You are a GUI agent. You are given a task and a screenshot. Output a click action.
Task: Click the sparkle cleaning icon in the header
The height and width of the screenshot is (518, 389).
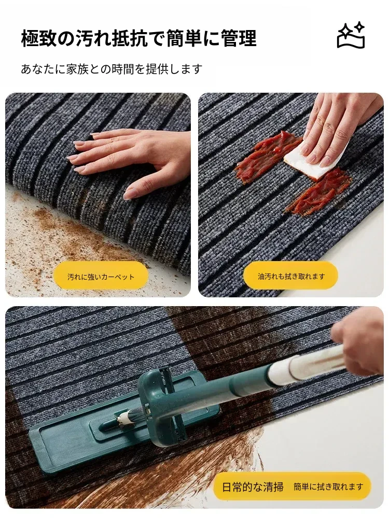351,35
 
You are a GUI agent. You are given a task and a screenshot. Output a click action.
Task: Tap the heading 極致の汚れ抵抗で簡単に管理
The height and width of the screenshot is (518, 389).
139,38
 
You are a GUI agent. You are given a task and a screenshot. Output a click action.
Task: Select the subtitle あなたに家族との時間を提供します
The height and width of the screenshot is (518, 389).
112,69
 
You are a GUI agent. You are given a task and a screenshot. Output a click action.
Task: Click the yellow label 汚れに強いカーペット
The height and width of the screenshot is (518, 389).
101,277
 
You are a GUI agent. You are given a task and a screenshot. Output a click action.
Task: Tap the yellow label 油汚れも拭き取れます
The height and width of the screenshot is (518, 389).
291,276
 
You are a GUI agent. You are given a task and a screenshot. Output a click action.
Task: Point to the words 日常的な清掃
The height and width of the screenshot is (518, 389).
253,486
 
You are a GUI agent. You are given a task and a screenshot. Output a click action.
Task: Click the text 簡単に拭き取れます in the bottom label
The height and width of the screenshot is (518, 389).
328,486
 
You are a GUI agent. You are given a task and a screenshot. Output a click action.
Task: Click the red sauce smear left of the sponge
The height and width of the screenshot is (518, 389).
265,155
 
